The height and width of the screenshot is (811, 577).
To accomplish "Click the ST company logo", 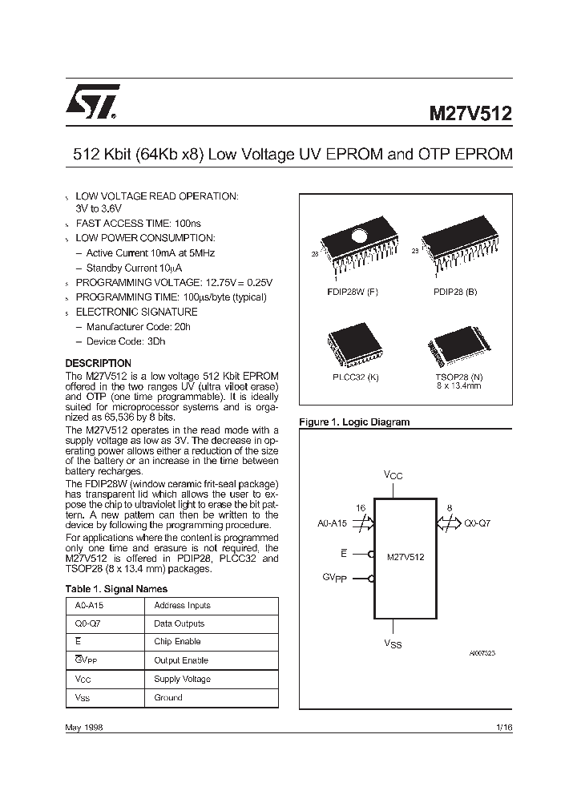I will click(93, 102).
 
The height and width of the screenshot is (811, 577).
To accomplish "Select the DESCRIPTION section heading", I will click(98, 363).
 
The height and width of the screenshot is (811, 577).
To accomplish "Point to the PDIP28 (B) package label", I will click(454, 292).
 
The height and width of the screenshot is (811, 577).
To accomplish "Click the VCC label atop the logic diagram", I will click(393, 475).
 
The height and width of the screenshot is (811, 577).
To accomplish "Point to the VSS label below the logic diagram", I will click(393, 644).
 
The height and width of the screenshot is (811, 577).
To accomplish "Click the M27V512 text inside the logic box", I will click(406, 555).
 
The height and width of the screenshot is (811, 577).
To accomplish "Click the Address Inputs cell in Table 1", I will click(182, 606).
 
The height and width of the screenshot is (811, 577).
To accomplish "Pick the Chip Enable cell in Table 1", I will click(177, 641).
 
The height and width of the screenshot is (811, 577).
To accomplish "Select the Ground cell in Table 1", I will click(168, 698).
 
